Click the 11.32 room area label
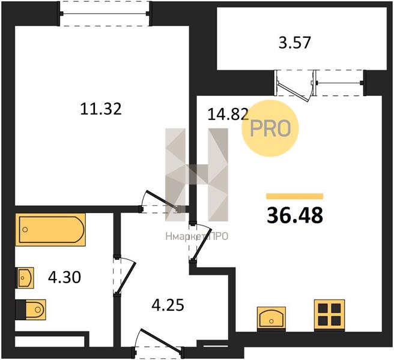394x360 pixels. click(x=101, y=109)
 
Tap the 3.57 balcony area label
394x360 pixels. click(x=295, y=43)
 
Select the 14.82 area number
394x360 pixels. click(x=228, y=114)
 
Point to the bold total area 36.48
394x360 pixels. click(x=295, y=215)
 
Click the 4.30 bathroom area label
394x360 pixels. click(x=65, y=277)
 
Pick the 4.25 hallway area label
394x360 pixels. click(x=168, y=305)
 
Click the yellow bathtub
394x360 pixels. click(x=50, y=229)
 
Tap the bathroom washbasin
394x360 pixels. click(x=25, y=278)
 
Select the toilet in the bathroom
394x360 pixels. click(x=31, y=310)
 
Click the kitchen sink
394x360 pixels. click(x=271, y=319)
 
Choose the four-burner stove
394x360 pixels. click(x=329, y=316)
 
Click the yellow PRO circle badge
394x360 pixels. click(x=270, y=128)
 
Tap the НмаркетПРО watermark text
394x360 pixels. click(x=197, y=236)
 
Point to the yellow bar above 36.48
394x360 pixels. click(x=295, y=196)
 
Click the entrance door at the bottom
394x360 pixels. click(x=159, y=344)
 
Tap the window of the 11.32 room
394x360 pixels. click(x=105, y=13)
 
